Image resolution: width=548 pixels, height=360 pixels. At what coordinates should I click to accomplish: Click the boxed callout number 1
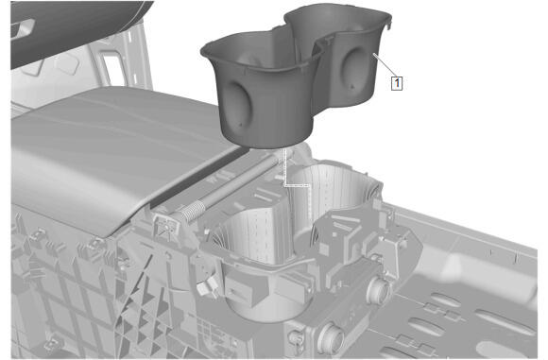pos(397,83)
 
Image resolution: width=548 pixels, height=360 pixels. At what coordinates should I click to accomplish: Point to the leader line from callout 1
pos(383,65)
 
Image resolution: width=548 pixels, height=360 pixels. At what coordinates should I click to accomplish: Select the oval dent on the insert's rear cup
pos(353,69)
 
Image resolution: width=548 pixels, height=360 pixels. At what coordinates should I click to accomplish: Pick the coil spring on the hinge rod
pos(193,210)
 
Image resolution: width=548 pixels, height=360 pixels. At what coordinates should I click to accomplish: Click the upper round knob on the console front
pos(377,290)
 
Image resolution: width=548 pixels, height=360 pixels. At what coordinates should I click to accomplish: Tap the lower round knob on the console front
pos(331,337)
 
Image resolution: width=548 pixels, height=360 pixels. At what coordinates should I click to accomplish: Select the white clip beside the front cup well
pos(206,286)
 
